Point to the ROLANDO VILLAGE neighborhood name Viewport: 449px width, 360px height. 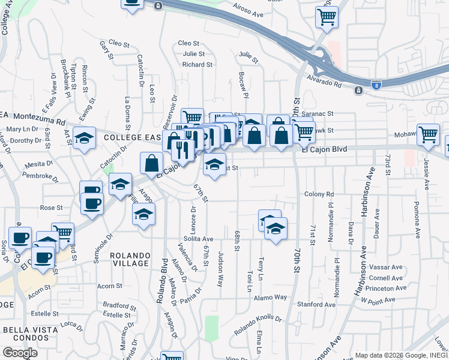pos(130,259)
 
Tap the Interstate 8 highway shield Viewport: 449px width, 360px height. pos(375,85)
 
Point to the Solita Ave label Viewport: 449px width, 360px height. pos(199,239)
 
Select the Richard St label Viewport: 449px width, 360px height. pos(197,64)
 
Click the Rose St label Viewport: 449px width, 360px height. pos(51,208)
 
